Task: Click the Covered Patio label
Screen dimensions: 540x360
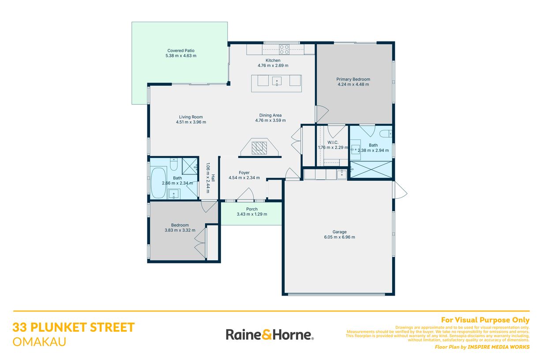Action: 181,51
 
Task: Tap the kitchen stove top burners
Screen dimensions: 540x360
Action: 284,49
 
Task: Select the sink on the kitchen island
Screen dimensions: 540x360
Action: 277,81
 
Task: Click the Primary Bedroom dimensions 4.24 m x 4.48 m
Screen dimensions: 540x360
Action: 353,84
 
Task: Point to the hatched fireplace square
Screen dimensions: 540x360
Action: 259,148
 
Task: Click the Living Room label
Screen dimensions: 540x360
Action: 191,117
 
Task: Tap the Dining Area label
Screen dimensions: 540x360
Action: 270,115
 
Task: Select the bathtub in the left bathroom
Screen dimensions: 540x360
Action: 159,183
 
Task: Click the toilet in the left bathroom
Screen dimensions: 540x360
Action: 173,164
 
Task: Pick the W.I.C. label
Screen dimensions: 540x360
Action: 333,142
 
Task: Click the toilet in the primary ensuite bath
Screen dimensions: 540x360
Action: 386,134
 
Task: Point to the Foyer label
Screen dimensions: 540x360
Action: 244,172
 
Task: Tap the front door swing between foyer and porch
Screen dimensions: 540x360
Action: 245,195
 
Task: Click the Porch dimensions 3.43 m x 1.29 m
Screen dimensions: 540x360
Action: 251,214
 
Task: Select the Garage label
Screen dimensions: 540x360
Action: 339,232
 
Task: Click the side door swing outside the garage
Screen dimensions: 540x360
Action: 401,190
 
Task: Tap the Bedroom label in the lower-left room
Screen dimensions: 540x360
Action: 180,225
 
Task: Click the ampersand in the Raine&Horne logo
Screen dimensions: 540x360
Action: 266,335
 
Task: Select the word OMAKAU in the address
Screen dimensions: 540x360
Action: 39,342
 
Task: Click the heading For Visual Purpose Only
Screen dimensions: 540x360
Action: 485,320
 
